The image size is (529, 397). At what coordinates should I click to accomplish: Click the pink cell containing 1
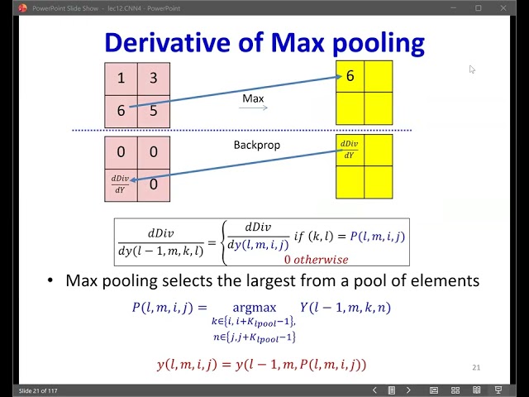pyautogui.click(x=122, y=79)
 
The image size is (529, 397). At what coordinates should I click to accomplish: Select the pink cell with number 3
pyautogui.click(x=154, y=79)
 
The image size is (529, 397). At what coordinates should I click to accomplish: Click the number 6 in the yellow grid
pyautogui.click(x=350, y=76)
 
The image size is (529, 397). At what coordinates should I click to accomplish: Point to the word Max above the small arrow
pyautogui.click(x=253, y=98)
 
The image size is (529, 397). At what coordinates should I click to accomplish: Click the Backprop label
pyautogui.click(x=257, y=145)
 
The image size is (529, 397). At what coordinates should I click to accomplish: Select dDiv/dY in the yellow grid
pyautogui.click(x=350, y=150)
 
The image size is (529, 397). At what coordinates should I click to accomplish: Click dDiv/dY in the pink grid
pyautogui.click(x=121, y=184)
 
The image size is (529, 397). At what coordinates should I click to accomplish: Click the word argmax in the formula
pyautogui.click(x=254, y=308)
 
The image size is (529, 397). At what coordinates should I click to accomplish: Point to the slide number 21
pyautogui.click(x=476, y=367)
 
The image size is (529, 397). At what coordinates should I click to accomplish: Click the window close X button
pyautogui.click(x=512, y=7)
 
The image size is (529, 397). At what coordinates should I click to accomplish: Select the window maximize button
pyautogui.click(x=478, y=7)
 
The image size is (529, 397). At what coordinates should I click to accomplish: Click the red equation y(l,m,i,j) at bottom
pyautogui.click(x=261, y=364)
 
